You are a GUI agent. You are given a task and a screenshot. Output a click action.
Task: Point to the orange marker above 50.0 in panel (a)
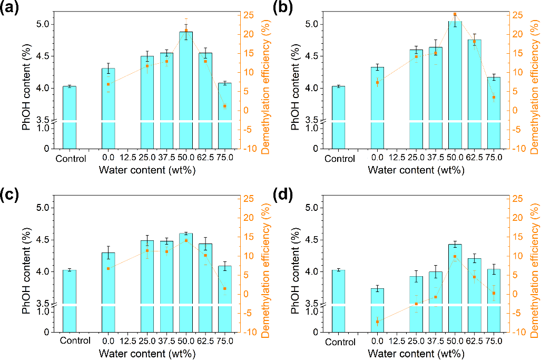point(186,30)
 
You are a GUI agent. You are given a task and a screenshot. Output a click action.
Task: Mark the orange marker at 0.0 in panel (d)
point(377,322)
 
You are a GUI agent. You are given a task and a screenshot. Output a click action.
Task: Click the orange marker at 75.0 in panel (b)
point(494,98)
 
